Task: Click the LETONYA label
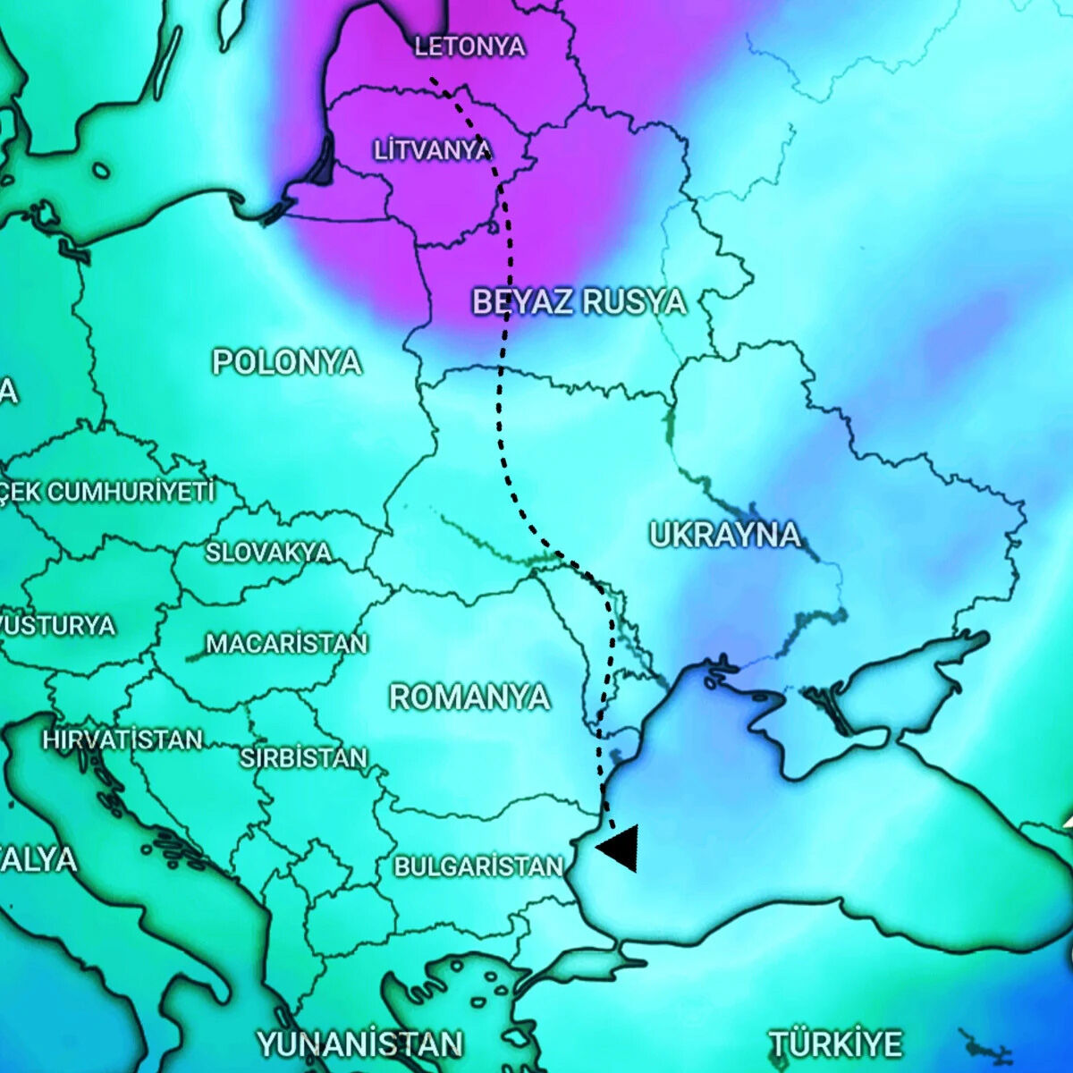[469, 46]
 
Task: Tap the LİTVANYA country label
[433, 150]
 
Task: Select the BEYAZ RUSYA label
[579, 302]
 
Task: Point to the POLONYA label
[287, 362]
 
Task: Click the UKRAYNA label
[724, 535]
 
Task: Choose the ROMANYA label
[469, 697]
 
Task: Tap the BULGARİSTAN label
[478, 866]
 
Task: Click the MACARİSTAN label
[287, 644]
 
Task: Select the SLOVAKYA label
[268, 553]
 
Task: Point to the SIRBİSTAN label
[303, 758]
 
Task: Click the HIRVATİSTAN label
[123, 739]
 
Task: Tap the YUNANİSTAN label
[359, 1043]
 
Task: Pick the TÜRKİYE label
[836, 1043]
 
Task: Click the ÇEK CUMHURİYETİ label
[107, 492]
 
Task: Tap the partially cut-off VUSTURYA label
[58, 625]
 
